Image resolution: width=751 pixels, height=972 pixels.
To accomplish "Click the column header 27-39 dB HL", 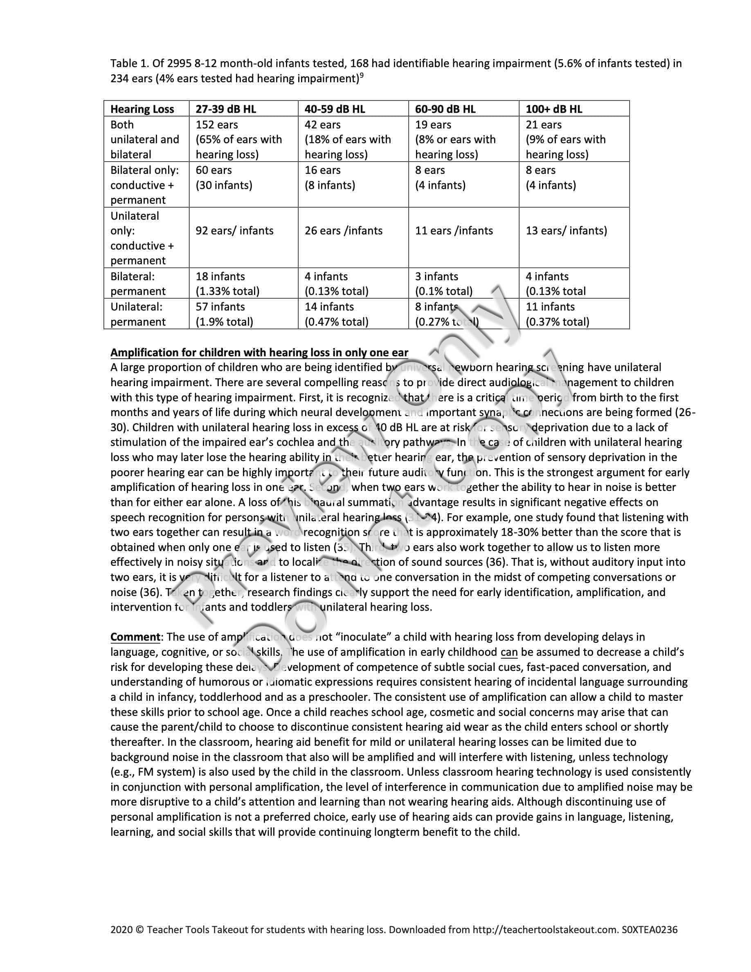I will point(226,109).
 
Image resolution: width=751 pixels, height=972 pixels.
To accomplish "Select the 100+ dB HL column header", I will point(554,109).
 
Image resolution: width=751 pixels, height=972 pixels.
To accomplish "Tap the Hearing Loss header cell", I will point(142,109).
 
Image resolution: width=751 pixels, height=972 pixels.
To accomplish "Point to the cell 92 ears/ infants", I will point(234,231).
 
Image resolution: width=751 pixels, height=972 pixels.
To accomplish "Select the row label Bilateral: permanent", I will point(138,283).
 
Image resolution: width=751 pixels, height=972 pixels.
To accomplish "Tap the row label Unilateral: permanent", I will point(138,314).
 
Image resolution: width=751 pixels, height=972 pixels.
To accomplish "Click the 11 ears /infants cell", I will point(454,231).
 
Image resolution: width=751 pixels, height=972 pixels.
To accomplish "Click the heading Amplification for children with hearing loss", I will point(259,353).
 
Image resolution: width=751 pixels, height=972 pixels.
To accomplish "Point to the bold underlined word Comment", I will point(135,637).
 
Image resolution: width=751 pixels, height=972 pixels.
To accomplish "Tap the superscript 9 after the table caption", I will point(362,76).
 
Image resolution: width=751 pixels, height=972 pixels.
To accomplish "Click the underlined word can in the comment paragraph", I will point(509,652).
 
